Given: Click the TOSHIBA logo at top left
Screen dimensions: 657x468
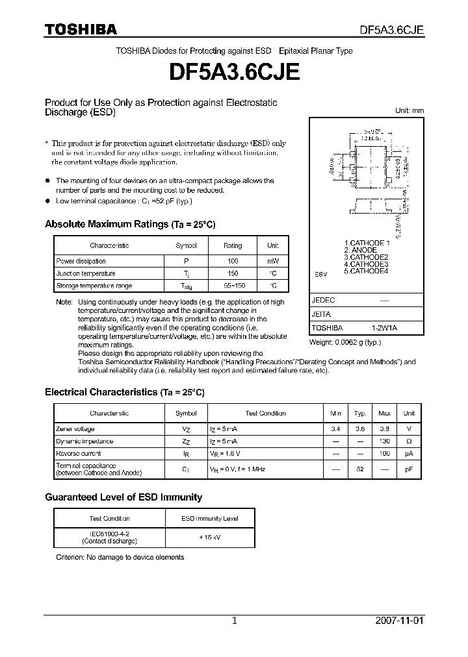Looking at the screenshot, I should point(81,29).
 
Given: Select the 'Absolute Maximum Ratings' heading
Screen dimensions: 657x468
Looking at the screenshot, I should point(129,224).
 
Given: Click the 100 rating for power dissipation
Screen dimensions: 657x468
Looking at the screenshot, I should point(232,261).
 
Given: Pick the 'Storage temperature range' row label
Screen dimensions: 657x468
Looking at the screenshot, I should point(94,286).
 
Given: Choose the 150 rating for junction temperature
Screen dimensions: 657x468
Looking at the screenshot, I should point(232,273).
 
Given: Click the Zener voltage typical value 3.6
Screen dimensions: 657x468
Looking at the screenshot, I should point(359,428).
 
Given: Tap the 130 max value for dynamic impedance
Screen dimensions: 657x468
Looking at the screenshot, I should point(384,441).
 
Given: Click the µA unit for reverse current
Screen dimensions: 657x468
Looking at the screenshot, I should point(409,453).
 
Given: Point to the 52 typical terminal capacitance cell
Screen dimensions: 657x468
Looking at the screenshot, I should point(359,469).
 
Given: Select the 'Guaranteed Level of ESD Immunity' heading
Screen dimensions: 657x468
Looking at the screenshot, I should point(123,497).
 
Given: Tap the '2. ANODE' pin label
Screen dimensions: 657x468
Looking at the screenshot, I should point(360,250).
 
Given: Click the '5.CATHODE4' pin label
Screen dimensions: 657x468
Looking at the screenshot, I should point(365,271).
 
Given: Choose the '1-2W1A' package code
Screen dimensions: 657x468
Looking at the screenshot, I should point(384,328).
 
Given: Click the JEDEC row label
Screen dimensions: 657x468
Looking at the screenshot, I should point(323,301).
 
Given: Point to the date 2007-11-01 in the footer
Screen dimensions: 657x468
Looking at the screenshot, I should point(399,621).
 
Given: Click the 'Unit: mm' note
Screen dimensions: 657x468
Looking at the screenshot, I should point(409,111).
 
